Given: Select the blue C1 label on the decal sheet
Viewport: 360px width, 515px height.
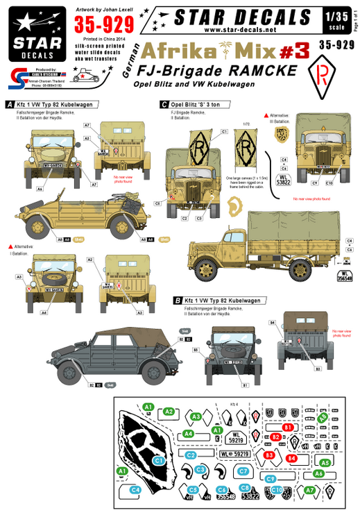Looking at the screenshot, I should click(158, 459).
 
